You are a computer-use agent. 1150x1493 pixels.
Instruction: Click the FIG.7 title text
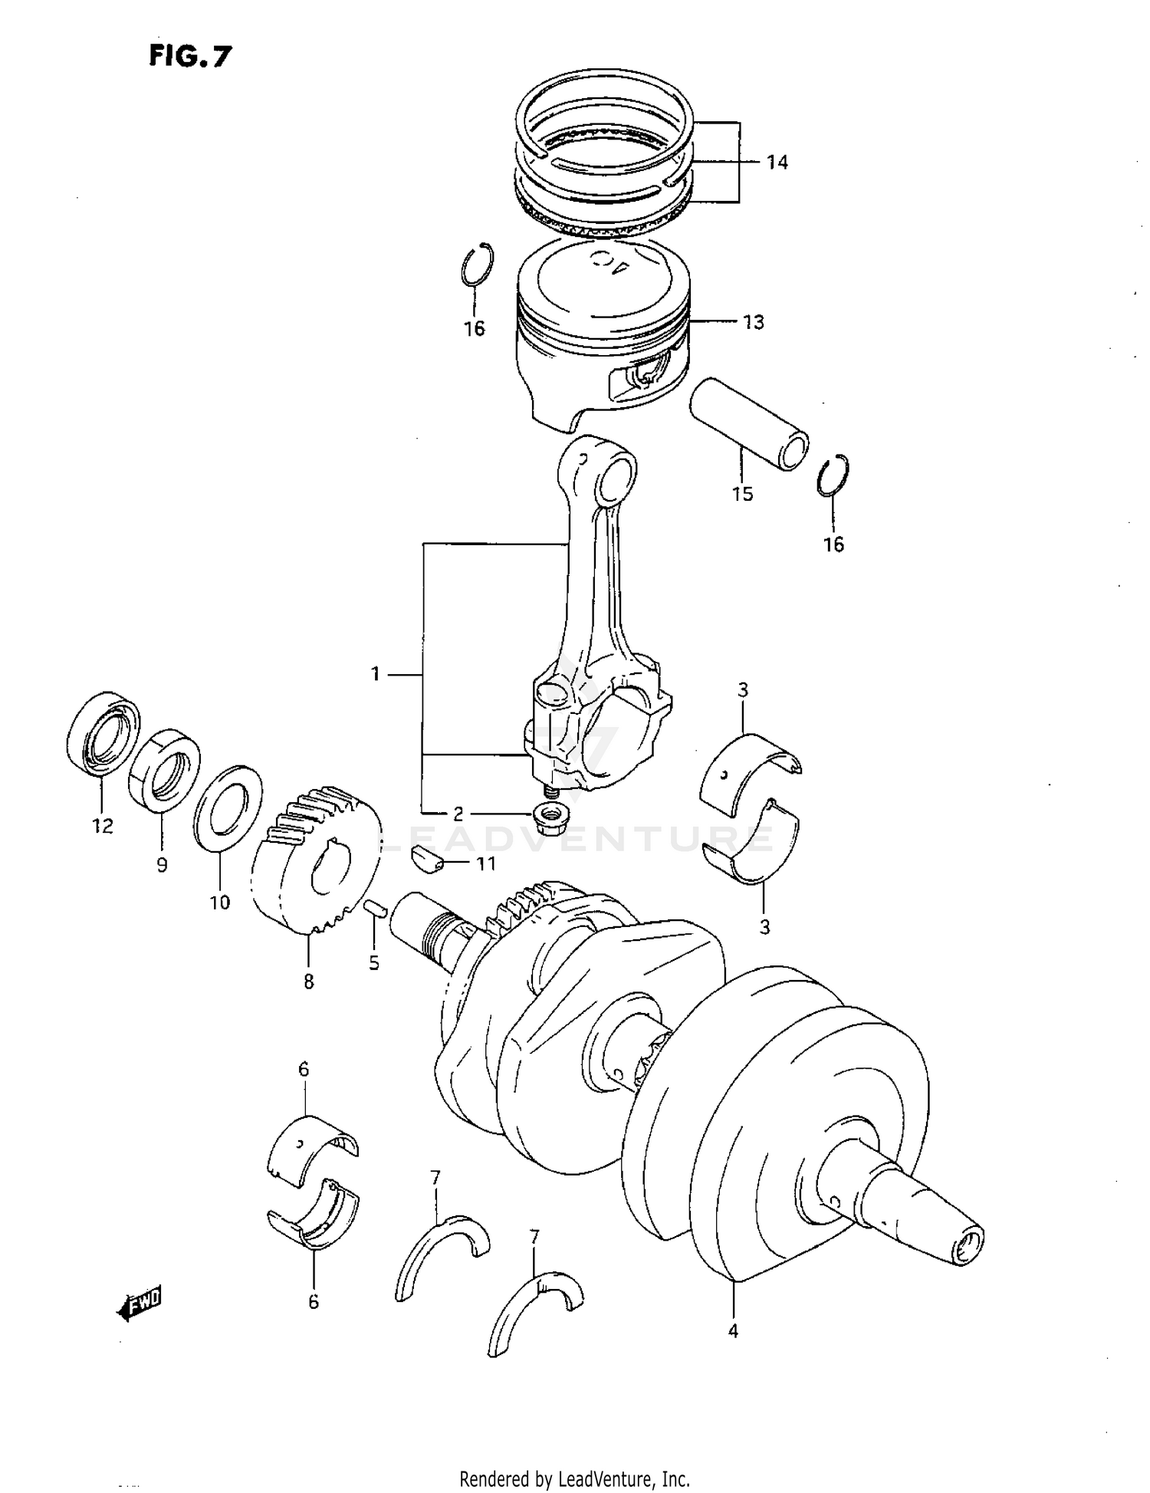click(189, 56)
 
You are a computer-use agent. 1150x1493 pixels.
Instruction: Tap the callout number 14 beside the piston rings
click(776, 163)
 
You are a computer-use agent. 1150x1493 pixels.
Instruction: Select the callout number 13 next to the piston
click(754, 322)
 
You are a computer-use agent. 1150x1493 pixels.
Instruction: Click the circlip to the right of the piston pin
click(833, 476)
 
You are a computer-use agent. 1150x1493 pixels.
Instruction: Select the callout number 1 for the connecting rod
click(376, 674)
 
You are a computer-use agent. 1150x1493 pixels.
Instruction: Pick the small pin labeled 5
click(373, 908)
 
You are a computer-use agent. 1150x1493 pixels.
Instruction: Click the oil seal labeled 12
click(103, 732)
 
